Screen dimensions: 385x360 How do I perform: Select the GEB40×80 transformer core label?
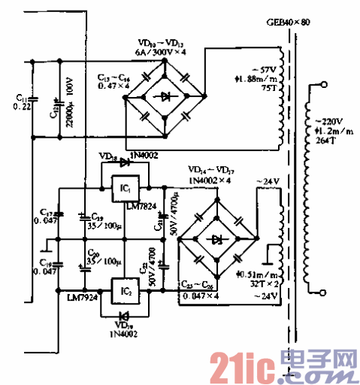coord(287,23)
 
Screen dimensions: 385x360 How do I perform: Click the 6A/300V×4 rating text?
coord(160,52)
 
